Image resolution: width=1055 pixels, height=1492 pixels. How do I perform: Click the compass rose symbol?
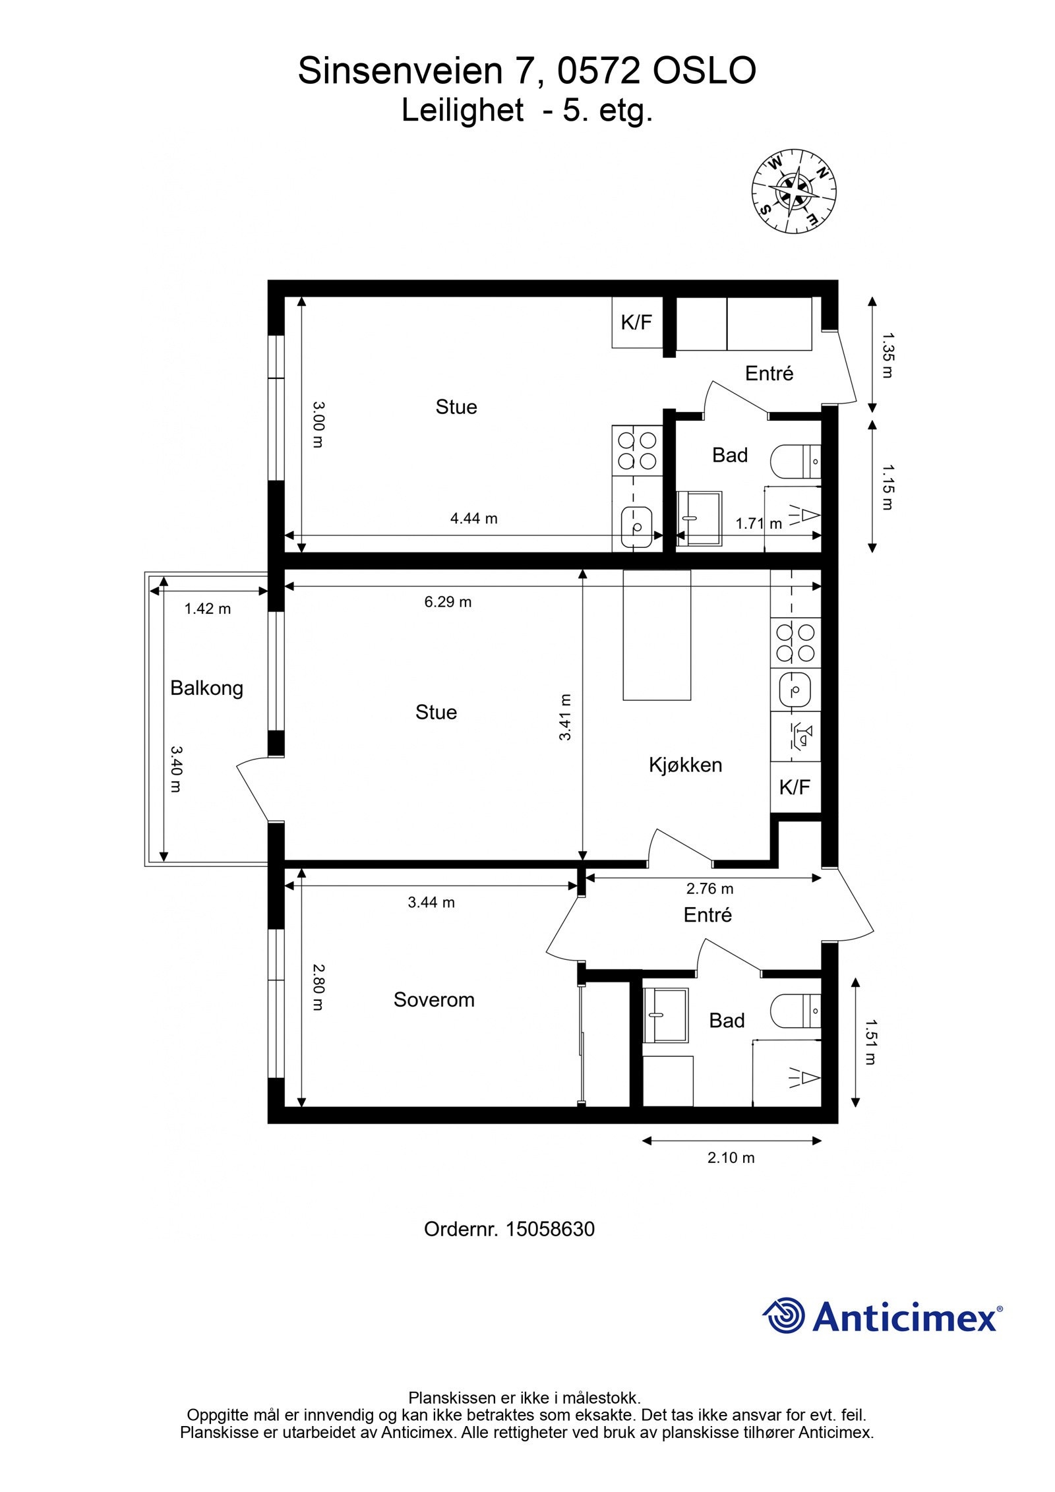(794, 191)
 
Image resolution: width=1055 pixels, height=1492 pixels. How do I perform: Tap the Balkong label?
(206, 688)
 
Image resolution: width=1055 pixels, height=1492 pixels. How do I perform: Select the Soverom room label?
(434, 1000)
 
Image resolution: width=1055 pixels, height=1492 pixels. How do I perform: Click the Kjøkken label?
(685, 765)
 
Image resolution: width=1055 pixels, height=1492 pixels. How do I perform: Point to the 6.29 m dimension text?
(448, 602)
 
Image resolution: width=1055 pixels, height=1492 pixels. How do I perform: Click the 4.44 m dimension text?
(473, 518)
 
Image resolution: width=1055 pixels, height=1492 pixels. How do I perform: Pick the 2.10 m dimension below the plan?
(731, 1158)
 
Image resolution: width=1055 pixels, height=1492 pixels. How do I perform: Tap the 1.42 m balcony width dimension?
(207, 609)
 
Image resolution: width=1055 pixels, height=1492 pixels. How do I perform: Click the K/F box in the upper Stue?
(637, 322)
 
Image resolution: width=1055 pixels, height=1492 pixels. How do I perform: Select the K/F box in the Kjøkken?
(795, 787)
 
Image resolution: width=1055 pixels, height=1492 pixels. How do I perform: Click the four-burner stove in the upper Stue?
(637, 450)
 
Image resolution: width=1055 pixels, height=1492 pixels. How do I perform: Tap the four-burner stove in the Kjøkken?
(795, 643)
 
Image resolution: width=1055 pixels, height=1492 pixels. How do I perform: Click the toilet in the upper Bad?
(796, 462)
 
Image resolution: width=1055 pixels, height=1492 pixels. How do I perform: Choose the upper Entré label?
(769, 373)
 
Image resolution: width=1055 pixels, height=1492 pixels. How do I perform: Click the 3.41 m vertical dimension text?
(565, 717)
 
